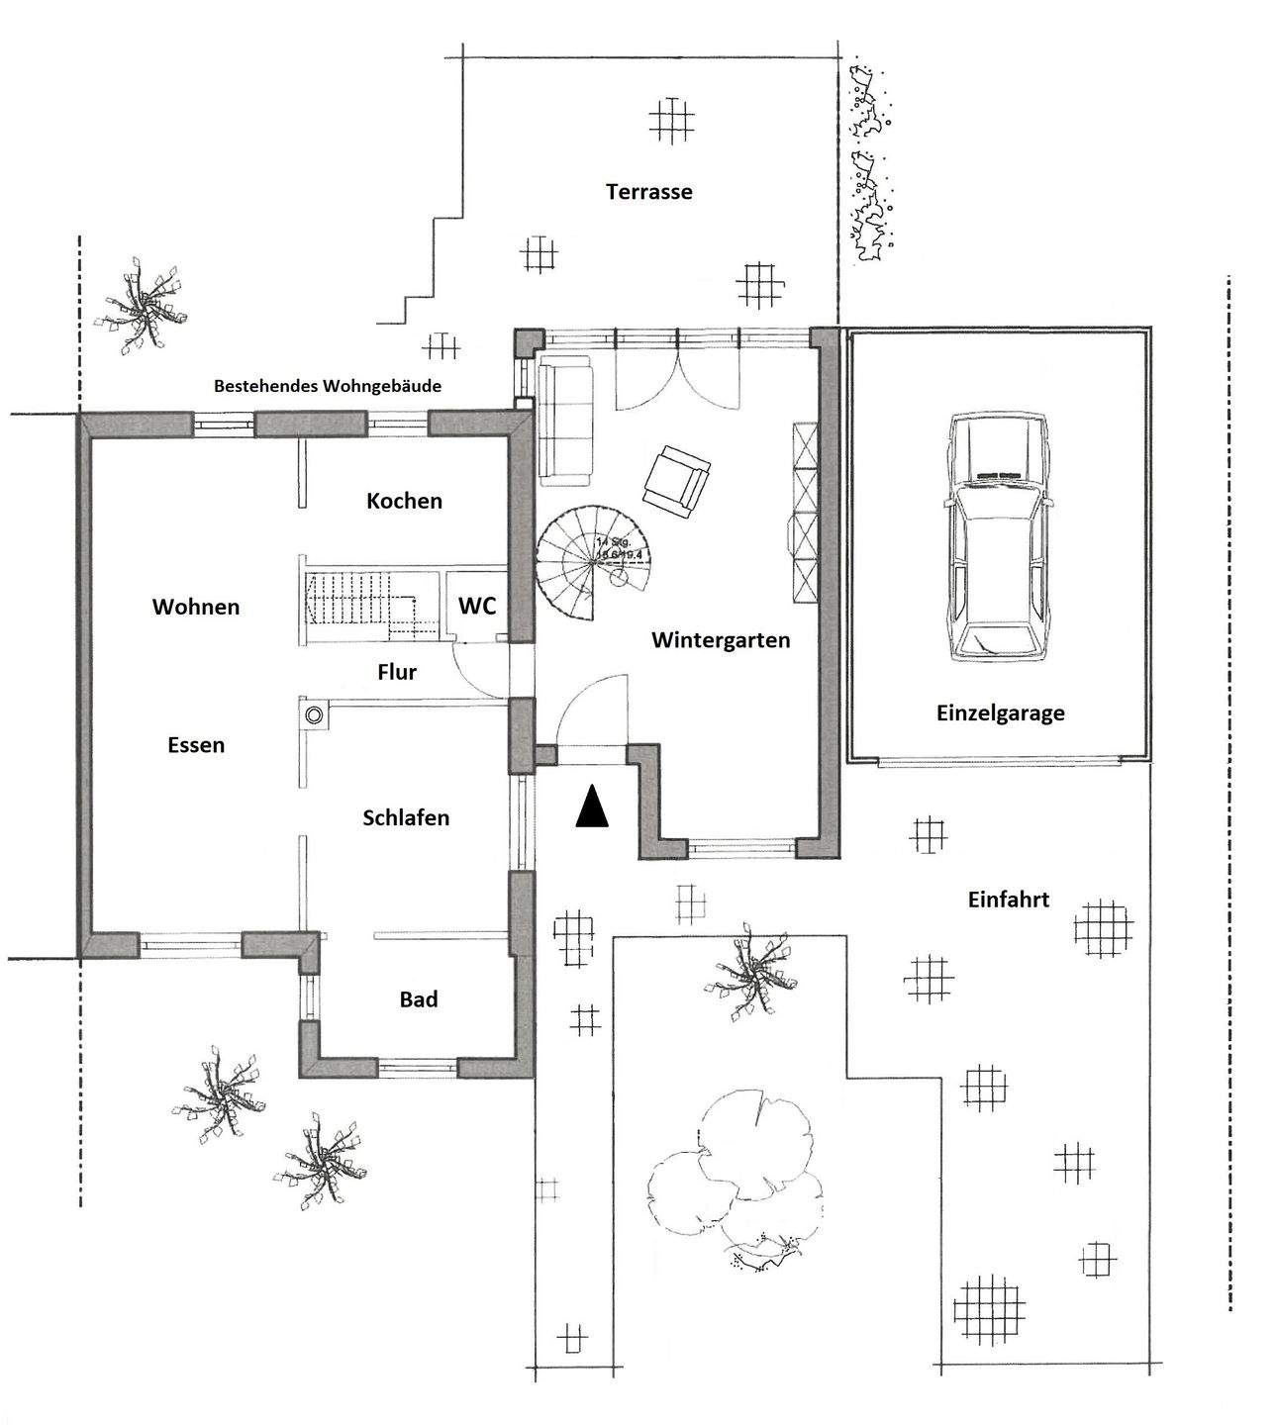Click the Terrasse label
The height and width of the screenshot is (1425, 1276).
[649, 192]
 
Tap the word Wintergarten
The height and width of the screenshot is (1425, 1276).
[721, 640]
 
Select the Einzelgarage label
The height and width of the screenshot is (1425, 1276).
[1000, 712]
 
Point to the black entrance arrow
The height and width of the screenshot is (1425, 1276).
[592, 807]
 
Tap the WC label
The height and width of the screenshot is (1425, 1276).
[477, 606]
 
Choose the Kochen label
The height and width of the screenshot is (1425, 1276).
[404, 501]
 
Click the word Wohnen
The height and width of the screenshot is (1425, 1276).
[196, 607]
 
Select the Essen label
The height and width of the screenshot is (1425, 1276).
[196, 745]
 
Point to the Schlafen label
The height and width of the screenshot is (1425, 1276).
[406, 818]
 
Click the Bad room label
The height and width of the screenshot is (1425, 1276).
[419, 999]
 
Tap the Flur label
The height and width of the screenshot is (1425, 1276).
[397, 673]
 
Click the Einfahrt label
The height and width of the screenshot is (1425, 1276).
[1008, 901]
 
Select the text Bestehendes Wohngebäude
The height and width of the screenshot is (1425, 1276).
[328, 386]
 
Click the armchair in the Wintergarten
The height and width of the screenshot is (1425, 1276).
[676, 479]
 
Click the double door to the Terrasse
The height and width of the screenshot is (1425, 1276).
[678, 368]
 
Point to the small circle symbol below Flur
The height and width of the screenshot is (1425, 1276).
[316, 714]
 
